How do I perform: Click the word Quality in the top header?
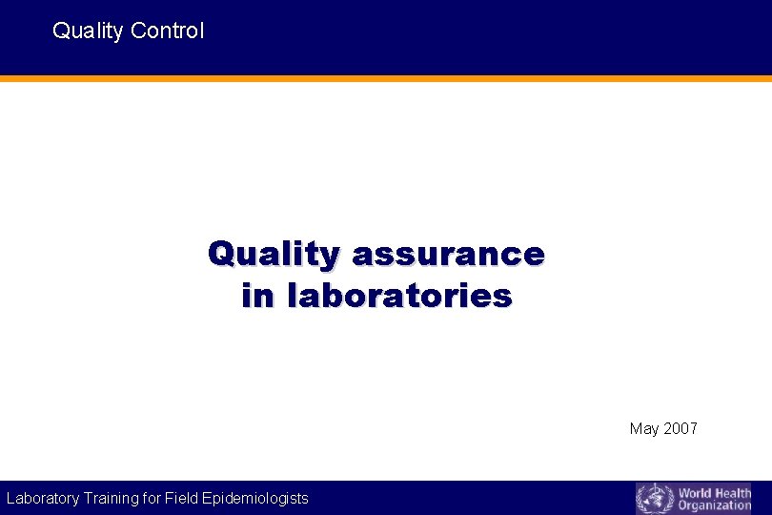click(88, 31)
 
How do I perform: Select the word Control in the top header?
click(167, 31)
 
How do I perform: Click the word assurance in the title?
click(448, 255)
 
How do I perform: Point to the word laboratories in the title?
click(399, 296)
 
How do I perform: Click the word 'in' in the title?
click(256, 296)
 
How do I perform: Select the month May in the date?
click(643, 429)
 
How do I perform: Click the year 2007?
click(680, 428)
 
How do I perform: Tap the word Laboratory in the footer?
click(43, 498)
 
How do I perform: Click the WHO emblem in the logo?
click(654, 498)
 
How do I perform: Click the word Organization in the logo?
click(715, 505)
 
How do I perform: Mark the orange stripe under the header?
click(386, 78)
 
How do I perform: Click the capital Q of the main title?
click(221, 255)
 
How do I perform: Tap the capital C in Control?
click(137, 31)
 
